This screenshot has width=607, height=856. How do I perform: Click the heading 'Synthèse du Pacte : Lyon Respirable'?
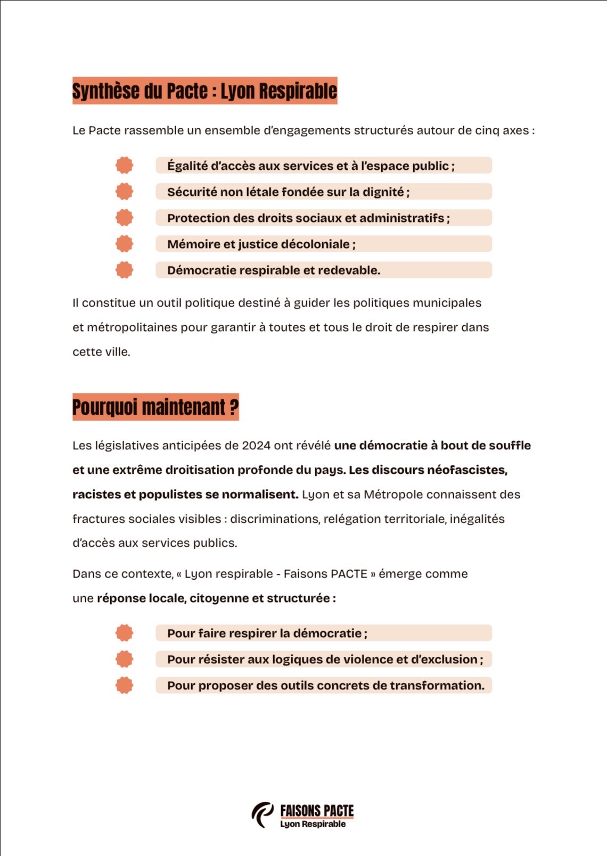[204, 90]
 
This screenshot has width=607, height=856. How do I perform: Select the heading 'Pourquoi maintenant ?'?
[155, 407]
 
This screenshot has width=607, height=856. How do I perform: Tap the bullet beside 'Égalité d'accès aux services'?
[124, 166]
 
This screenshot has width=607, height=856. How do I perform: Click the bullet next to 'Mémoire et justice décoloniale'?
[124, 244]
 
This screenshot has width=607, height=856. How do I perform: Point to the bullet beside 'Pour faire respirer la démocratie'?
[124, 633]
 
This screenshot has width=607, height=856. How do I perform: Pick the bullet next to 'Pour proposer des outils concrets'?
[124, 685]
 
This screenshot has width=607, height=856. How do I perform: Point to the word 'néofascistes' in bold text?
[466, 470]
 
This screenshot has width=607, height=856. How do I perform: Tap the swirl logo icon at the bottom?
[263, 815]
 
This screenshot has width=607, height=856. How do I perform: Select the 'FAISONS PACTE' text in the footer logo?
[317, 811]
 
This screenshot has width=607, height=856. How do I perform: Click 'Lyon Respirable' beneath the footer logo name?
[313, 824]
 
